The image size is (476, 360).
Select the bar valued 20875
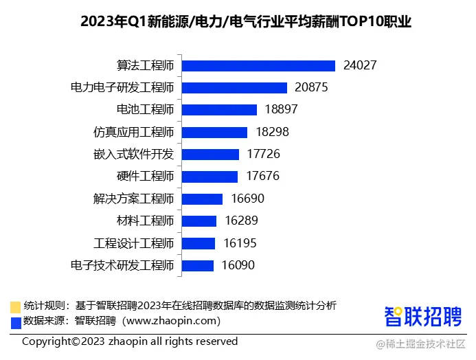point(234,88)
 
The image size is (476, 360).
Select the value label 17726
point(263,155)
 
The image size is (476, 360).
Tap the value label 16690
point(247,199)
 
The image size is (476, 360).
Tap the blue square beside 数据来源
point(15,321)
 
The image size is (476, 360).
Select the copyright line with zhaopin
point(130,341)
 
